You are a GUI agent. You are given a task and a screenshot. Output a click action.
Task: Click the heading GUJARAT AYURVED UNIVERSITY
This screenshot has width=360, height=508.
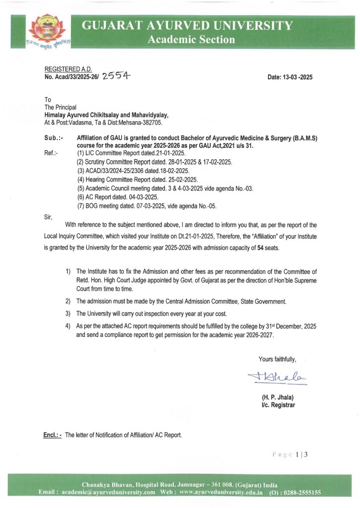187,26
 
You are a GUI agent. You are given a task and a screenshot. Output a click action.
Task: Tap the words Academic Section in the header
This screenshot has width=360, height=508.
191,40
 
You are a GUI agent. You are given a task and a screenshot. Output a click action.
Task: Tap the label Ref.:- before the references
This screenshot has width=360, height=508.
51,153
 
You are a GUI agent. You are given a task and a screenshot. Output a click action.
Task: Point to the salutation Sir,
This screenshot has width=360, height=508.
49,216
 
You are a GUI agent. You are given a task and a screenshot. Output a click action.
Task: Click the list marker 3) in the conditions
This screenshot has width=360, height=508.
68,314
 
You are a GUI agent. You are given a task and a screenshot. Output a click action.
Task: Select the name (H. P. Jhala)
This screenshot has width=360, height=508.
277,397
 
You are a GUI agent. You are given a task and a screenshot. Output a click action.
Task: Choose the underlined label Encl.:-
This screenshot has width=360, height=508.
52,435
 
